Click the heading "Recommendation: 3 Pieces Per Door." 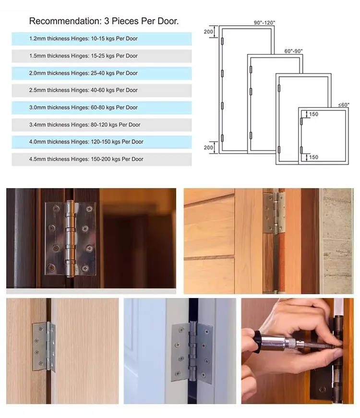[104, 21]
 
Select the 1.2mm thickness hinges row [101, 38]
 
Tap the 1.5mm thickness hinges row [101, 56]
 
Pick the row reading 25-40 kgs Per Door [101, 73]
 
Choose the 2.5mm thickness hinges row [101, 90]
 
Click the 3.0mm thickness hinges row [101, 107]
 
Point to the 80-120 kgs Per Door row [101, 125]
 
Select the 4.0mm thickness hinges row [101, 142]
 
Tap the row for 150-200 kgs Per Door [101, 159]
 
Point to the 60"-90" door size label [293, 51]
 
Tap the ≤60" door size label [343, 104]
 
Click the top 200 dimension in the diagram [208, 32]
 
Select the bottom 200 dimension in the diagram [208, 147]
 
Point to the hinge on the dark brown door [70, 239]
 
